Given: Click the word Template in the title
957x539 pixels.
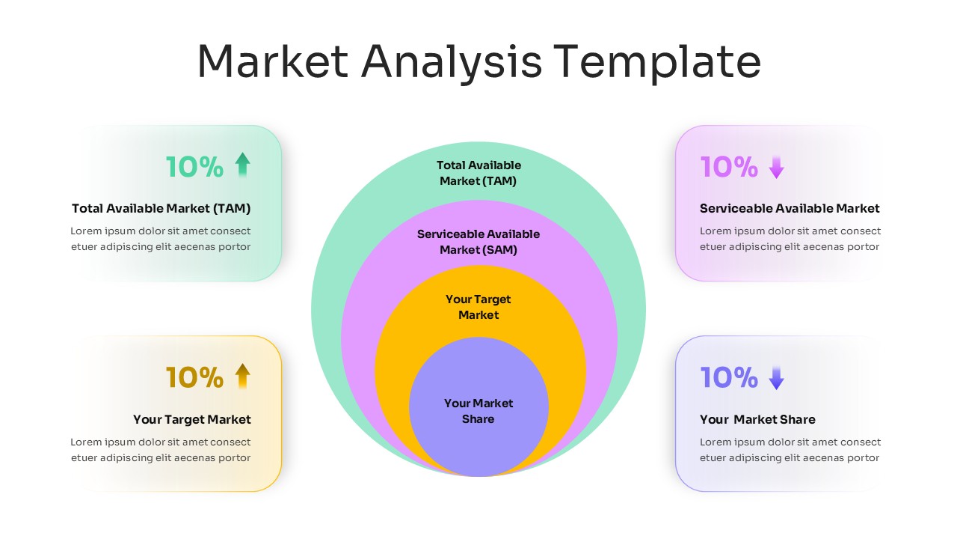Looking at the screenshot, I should [657, 61].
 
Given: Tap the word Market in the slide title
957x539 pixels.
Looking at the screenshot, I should [273, 61].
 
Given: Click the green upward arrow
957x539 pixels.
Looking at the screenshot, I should [241, 165].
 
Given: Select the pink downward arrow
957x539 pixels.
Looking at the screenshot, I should [776, 166].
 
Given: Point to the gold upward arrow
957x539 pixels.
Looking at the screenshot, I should [241, 376].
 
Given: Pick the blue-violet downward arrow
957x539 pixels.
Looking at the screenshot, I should [776, 377].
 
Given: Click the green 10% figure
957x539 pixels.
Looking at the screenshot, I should [194, 167].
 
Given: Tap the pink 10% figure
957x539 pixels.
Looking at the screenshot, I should [729, 167].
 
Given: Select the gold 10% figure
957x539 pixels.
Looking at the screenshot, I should [194, 378].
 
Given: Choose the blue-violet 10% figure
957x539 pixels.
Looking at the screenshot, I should [729, 378].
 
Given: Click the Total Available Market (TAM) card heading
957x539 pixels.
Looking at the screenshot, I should [161, 209].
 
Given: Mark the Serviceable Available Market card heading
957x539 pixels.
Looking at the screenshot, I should [790, 209].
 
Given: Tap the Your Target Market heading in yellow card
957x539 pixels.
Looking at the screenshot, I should [192, 420].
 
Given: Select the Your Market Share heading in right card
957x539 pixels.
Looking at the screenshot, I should [757, 420].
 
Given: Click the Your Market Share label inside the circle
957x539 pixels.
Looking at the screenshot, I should [478, 411].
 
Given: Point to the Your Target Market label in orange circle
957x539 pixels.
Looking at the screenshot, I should [478, 307].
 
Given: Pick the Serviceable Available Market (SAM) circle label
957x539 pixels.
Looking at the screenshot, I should [478, 242].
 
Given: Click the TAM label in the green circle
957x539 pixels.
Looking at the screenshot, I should [478, 173].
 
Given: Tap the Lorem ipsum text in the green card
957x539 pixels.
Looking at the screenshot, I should [161, 239].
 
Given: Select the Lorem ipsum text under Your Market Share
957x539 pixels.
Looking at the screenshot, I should [790, 450].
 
